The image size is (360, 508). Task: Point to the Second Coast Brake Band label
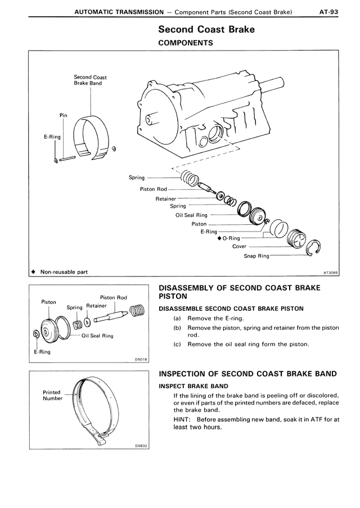pyautogui.click(x=90, y=80)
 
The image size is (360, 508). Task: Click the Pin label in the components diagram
pyautogui.click(x=63, y=115)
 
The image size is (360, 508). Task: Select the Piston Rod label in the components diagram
pyautogui.click(x=154, y=189)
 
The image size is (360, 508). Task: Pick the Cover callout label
pyautogui.click(x=239, y=246)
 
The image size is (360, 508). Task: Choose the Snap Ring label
pyautogui.click(x=256, y=256)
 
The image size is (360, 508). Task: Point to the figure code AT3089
pyautogui.click(x=330, y=272)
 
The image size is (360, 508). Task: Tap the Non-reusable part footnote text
pyautogui.click(x=63, y=272)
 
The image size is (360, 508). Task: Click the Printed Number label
pyautogui.click(x=52, y=396)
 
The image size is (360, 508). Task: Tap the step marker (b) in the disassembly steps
pyautogui.click(x=177, y=328)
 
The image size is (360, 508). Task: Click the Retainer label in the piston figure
pyautogui.click(x=96, y=306)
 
